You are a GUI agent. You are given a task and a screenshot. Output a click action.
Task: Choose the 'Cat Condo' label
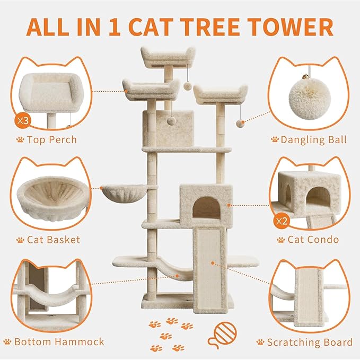coord(314,240)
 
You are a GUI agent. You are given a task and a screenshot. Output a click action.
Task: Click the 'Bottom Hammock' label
coord(59,341)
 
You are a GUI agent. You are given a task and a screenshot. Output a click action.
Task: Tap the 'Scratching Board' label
coord(310,342)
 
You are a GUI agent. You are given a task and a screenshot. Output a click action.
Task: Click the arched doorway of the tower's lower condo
coord(206,208)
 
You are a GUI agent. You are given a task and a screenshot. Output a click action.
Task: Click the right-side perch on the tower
coord(220,94)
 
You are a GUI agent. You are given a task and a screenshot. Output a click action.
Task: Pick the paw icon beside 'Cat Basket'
coord(20,240)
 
